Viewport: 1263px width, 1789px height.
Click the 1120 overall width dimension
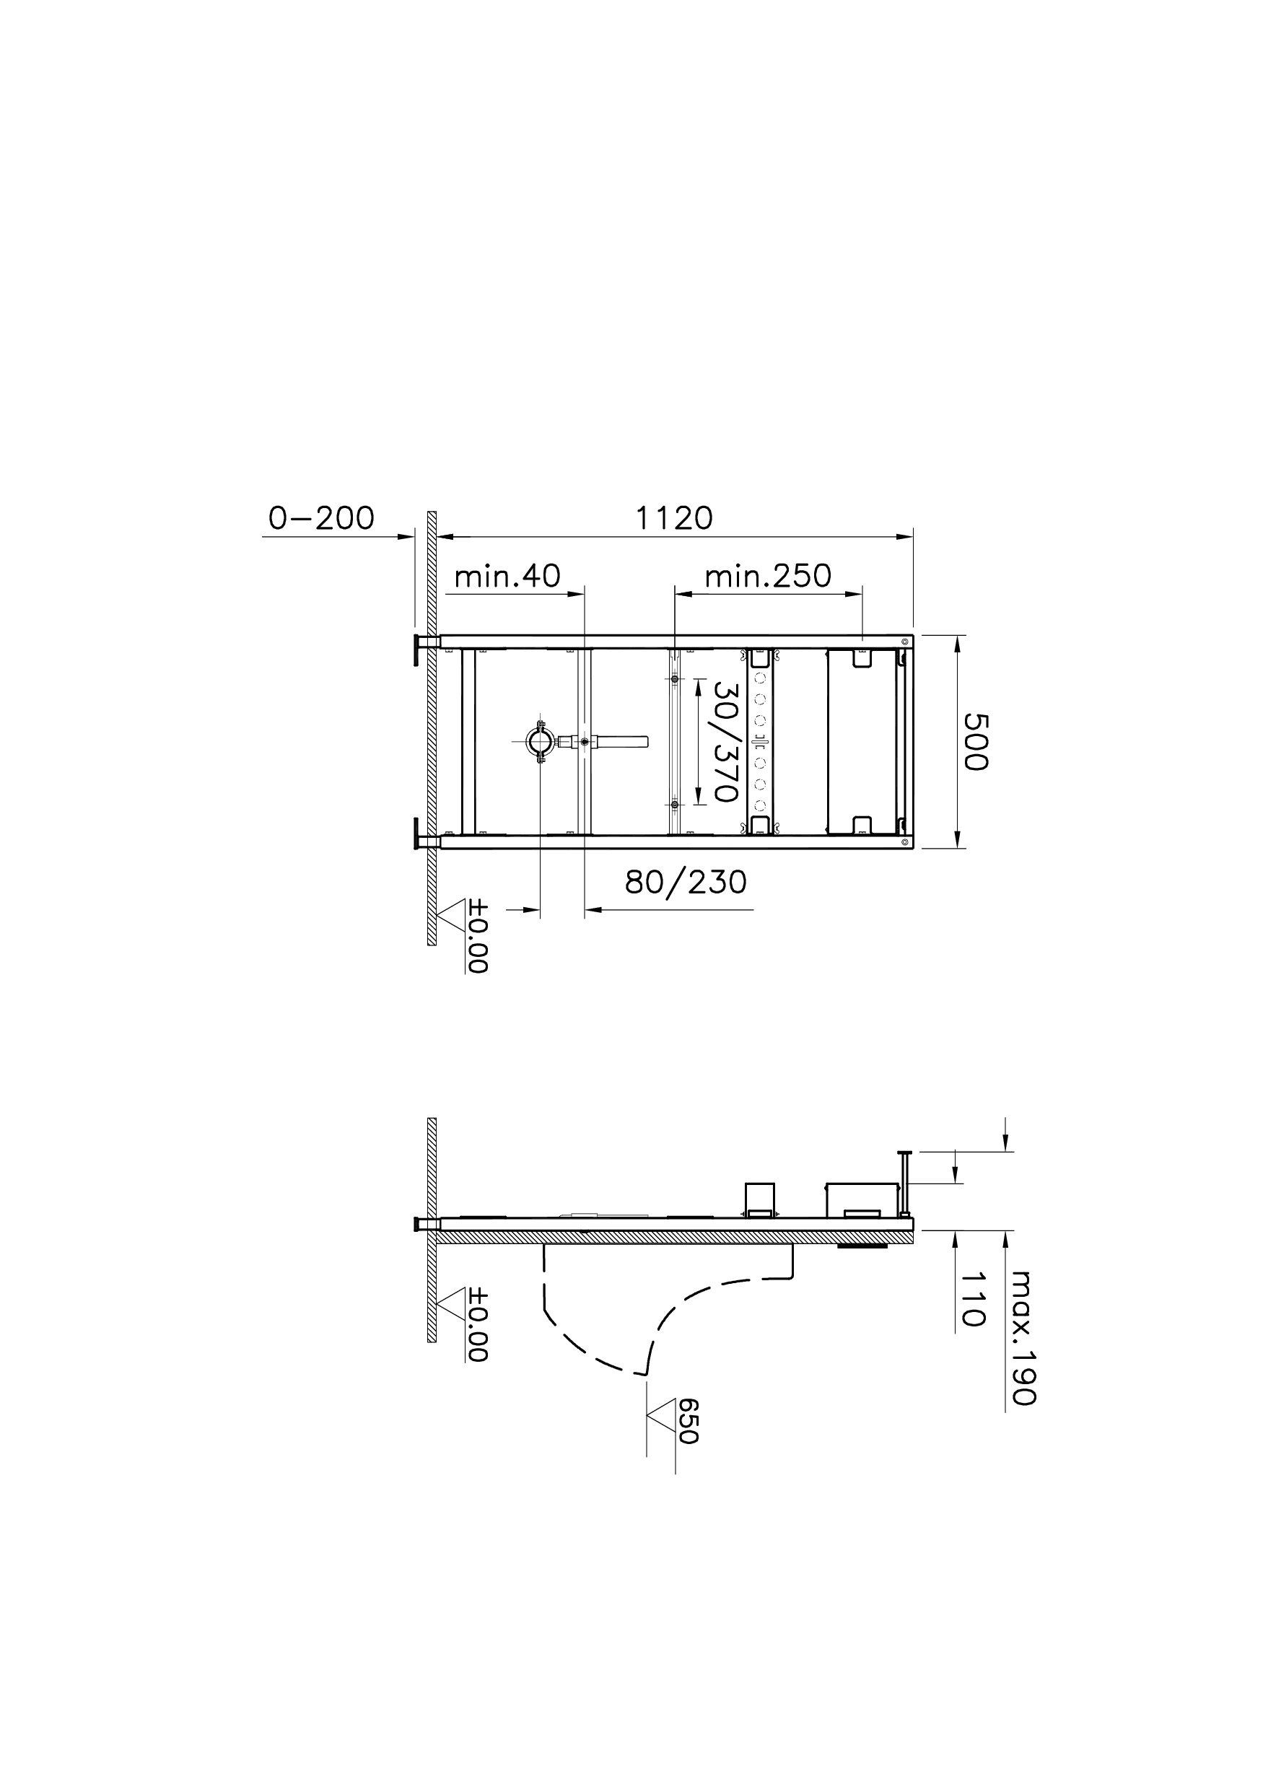pos(674,518)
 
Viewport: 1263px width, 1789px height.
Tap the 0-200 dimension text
pos(321,518)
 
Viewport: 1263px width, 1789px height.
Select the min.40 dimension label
pos(507,576)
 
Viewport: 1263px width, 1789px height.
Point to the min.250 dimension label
pos(768,576)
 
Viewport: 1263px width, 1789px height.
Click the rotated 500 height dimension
pos(975,741)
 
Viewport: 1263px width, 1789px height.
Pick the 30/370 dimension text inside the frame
pos(725,742)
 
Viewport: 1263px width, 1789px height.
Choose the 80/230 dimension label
pos(686,882)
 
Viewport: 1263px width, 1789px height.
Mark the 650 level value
pos(688,1420)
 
